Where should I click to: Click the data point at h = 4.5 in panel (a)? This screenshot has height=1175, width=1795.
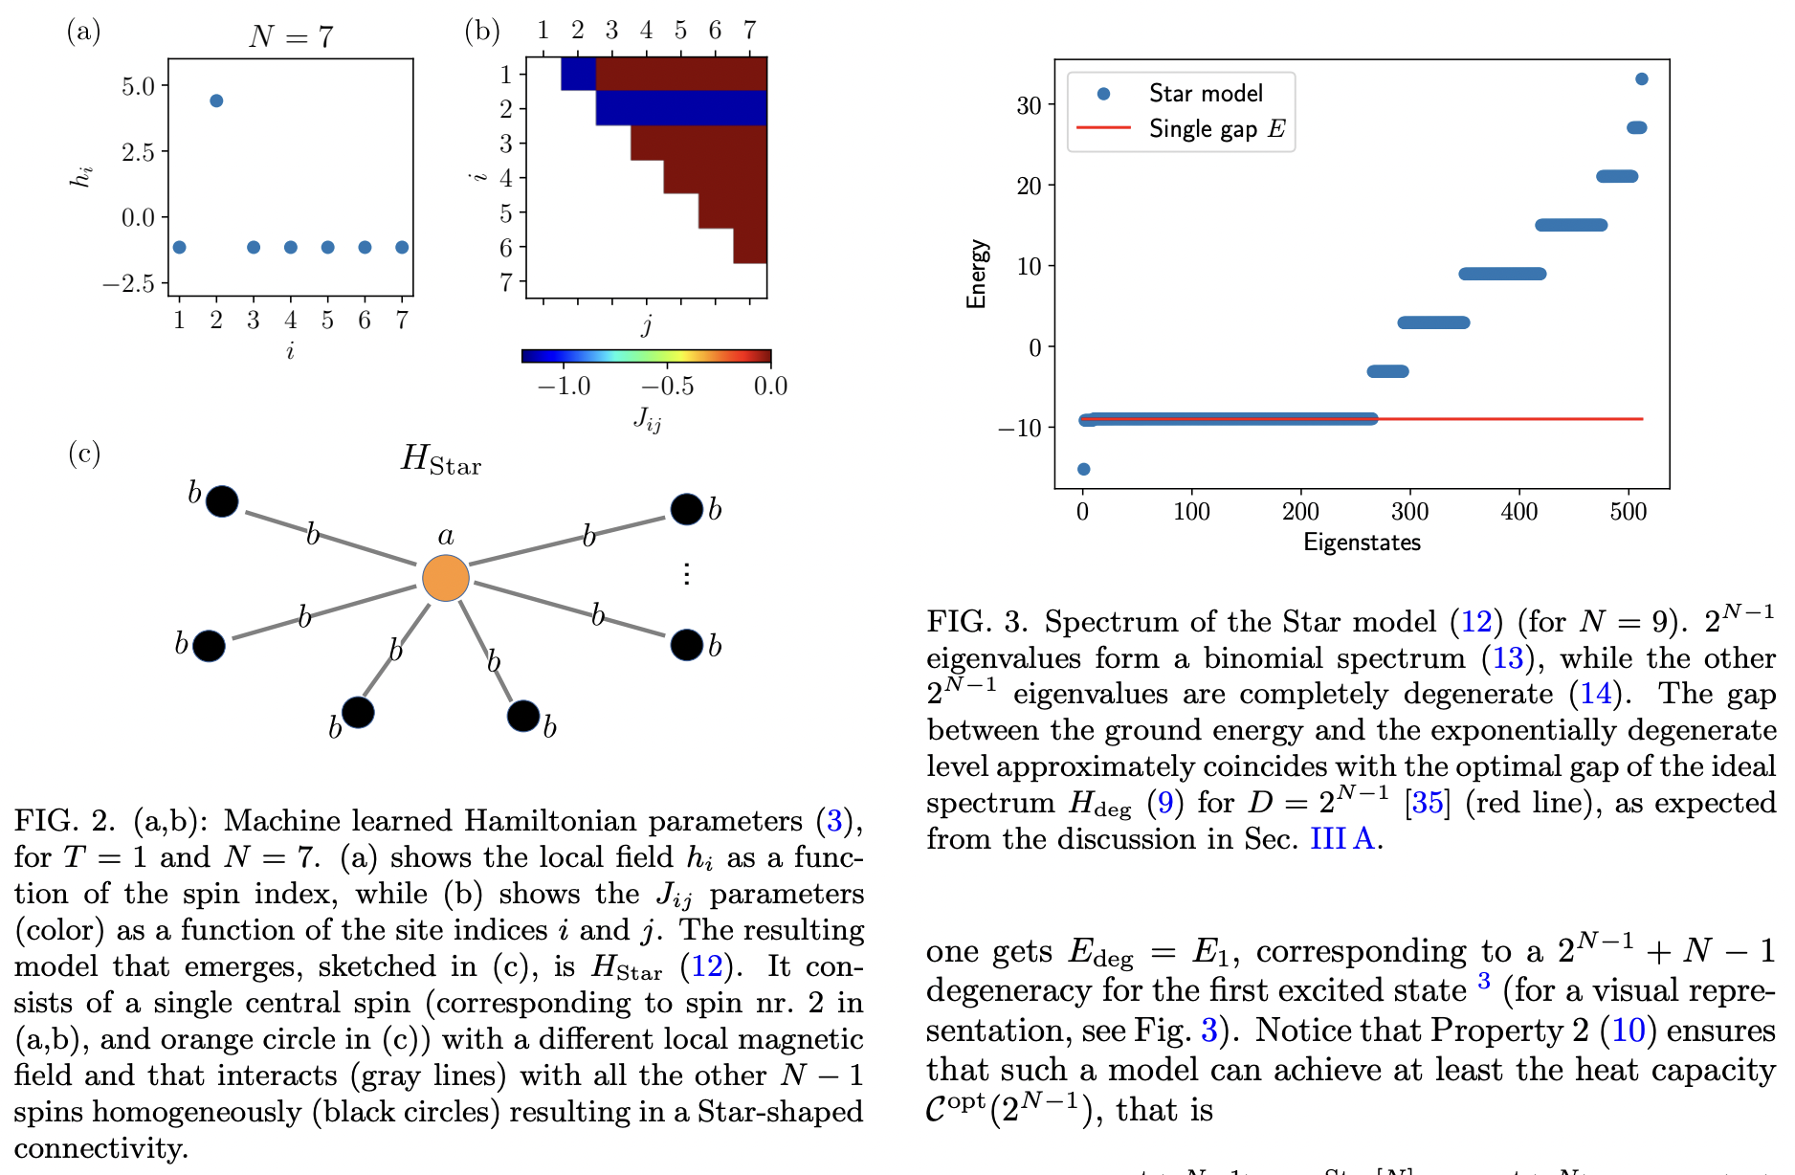(x=216, y=100)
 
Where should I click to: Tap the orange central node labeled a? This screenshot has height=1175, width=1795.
(x=446, y=578)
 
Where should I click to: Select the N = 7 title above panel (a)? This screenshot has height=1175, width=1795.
(x=291, y=36)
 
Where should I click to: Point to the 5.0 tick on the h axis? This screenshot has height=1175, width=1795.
(x=138, y=86)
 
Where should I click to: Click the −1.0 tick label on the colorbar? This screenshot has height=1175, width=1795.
(x=564, y=386)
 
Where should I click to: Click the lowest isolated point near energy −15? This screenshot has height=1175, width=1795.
(x=1084, y=469)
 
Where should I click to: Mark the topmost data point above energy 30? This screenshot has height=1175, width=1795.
(x=1642, y=79)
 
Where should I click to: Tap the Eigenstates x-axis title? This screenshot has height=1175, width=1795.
(x=1362, y=543)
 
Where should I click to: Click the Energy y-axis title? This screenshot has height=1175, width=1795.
(x=976, y=274)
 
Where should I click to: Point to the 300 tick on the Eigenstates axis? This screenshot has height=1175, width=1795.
(x=1409, y=512)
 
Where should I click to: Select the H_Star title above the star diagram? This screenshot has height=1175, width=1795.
(x=440, y=460)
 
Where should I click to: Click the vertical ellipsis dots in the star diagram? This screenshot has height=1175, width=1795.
(x=686, y=573)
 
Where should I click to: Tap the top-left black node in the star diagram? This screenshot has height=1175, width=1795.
(x=222, y=500)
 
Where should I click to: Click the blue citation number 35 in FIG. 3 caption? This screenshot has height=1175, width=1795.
(x=1427, y=802)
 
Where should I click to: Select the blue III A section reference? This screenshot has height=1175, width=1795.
(x=1341, y=838)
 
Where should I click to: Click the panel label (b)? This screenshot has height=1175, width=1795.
(x=482, y=32)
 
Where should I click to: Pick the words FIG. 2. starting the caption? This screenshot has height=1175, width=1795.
(x=64, y=820)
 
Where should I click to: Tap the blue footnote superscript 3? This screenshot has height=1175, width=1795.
(x=1484, y=980)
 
